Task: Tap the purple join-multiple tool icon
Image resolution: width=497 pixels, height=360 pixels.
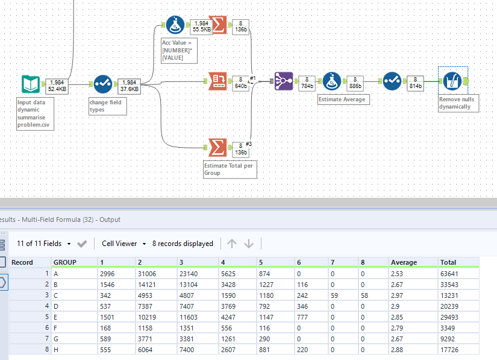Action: pyautogui.click(x=284, y=81)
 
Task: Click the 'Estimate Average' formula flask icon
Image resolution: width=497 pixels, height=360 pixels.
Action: pyautogui.click(x=332, y=81)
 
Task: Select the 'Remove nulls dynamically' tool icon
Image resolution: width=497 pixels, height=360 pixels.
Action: pyautogui.click(x=452, y=81)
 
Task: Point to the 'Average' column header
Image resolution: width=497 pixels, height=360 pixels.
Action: pyautogui.click(x=404, y=262)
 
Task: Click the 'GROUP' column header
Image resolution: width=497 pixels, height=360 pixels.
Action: pyautogui.click(x=65, y=262)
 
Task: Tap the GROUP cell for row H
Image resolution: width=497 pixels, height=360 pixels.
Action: pyautogui.click(x=57, y=349)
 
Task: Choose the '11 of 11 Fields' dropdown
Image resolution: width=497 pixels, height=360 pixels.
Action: pyautogui.click(x=44, y=244)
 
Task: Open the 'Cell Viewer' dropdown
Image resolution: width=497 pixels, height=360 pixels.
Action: pyautogui.click(x=124, y=244)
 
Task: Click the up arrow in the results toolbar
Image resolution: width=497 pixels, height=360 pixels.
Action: pyautogui.click(x=232, y=244)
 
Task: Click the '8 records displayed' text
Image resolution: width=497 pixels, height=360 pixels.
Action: pyautogui.click(x=183, y=244)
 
